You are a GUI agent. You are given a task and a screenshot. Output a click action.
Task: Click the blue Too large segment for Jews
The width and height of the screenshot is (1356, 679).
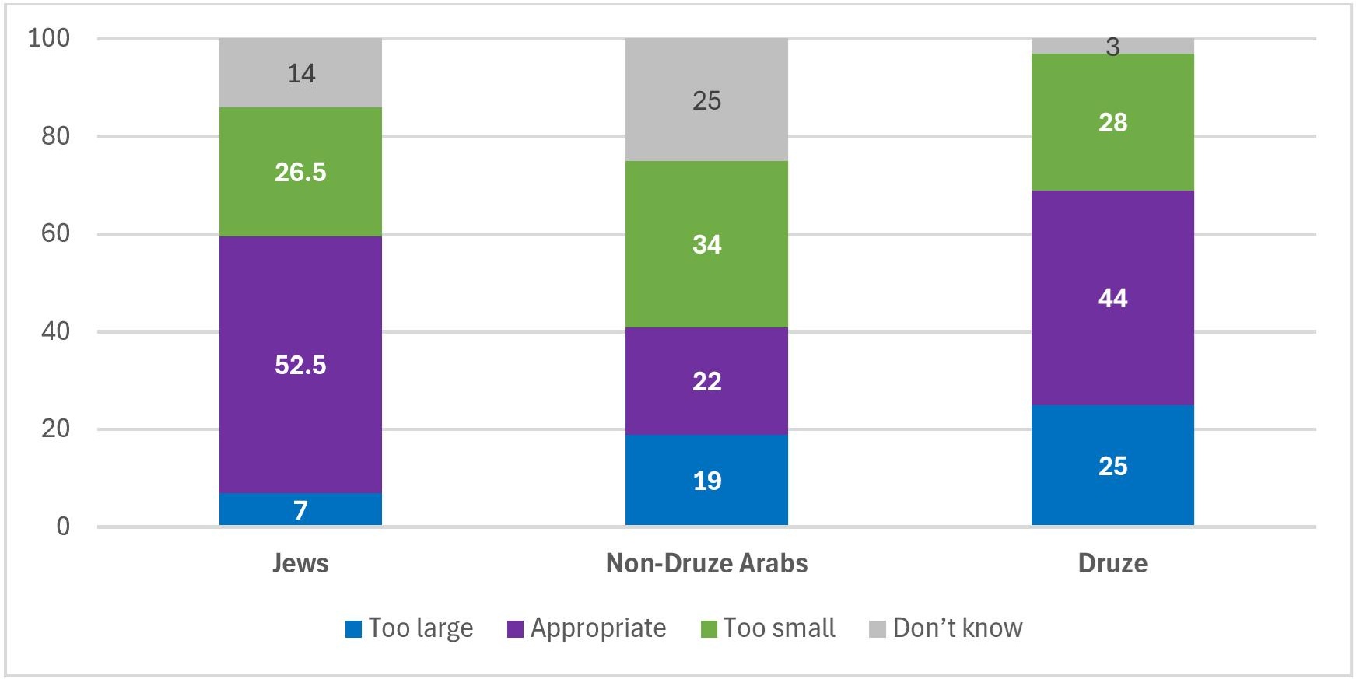(300, 509)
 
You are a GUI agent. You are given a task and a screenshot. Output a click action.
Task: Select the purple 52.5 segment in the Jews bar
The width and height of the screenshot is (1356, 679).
(300, 365)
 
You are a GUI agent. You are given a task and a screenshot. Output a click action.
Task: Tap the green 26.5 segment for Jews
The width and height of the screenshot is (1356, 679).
(300, 172)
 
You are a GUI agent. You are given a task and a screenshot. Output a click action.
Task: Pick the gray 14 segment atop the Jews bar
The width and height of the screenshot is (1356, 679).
(300, 73)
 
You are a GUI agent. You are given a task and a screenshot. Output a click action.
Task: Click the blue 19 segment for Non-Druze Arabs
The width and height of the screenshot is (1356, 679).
(706, 480)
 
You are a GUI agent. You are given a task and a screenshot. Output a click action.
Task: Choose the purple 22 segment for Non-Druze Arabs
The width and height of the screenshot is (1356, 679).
(706, 381)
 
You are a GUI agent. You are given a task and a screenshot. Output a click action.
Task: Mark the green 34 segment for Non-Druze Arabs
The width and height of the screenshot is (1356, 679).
(706, 244)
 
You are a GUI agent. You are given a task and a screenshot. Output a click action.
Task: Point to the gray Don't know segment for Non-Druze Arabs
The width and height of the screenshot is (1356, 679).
(706, 100)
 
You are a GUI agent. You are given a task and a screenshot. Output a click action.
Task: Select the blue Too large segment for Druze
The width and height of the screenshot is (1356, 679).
(1112, 466)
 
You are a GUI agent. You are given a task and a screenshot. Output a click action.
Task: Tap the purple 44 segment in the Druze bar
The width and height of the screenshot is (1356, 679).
(1112, 298)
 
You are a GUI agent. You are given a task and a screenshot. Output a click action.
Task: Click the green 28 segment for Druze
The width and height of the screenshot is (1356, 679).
(1112, 122)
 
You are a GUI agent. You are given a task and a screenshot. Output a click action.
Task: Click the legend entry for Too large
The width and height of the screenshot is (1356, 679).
(409, 628)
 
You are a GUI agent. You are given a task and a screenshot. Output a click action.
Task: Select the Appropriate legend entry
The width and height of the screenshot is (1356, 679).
(587, 628)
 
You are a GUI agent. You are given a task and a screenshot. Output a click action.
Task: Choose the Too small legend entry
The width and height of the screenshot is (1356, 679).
(769, 628)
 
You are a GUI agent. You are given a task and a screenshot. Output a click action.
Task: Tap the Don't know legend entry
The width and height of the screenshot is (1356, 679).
(946, 628)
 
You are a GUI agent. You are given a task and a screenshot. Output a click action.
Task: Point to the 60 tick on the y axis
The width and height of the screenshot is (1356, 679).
(55, 233)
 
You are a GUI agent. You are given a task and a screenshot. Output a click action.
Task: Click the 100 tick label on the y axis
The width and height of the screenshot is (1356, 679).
(48, 38)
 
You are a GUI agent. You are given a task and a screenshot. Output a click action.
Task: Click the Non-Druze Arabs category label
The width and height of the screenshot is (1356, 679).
(706, 563)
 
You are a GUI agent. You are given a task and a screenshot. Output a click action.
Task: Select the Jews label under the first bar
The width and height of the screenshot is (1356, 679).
(300, 563)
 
